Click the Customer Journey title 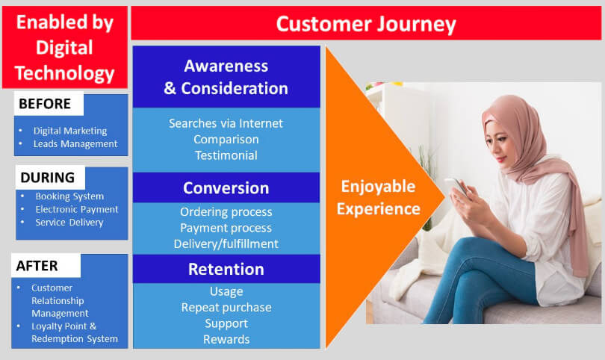(366, 25)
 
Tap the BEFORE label (45, 104)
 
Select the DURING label (48, 178)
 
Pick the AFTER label (37, 266)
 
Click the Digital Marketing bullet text (70, 131)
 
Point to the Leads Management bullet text (75, 144)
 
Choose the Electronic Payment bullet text (77, 209)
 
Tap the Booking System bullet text (69, 196)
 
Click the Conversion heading (226, 188)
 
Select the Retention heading (226, 269)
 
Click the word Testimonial (226, 155)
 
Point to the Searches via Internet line (226, 123)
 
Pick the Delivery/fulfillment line (226, 243)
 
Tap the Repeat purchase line (226, 308)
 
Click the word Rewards (226, 339)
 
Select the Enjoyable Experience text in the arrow (378, 198)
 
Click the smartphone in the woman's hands (456, 187)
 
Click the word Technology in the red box (64, 73)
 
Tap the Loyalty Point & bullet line (63, 326)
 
